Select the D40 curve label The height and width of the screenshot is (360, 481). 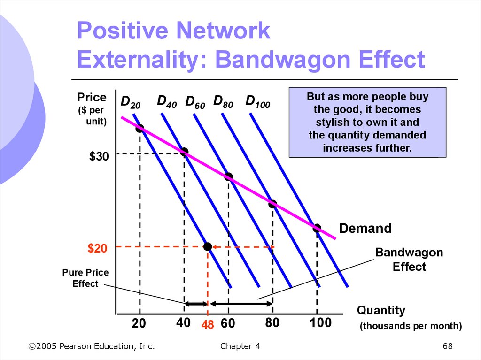(x=167, y=101)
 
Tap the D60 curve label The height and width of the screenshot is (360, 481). (x=195, y=102)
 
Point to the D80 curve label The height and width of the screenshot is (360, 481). (x=223, y=101)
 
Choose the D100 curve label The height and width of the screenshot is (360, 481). (x=257, y=101)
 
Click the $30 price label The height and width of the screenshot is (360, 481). (x=99, y=157)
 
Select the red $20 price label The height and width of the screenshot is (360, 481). (x=98, y=249)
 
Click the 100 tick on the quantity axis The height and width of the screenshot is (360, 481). (x=321, y=323)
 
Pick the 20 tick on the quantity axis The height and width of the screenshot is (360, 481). (x=139, y=323)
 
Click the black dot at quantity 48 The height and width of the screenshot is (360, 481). (x=208, y=246)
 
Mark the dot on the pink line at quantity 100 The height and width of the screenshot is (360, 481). (x=317, y=229)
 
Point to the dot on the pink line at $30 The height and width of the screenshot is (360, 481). (x=184, y=152)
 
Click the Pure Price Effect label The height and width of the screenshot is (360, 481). (x=85, y=278)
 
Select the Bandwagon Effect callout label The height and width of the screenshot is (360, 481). (x=409, y=260)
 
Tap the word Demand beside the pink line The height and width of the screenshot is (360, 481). (x=365, y=229)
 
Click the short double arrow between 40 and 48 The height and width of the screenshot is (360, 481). (x=195, y=304)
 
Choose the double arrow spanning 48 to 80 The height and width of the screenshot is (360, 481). (x=240, y=304)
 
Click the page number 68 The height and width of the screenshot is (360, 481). (x=447, y=346)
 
